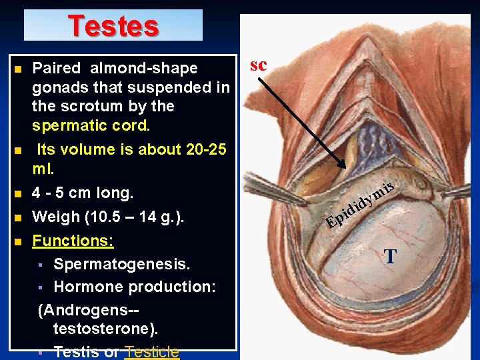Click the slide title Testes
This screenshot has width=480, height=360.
(x=113, y=26)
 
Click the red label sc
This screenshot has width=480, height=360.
(x=258, y=65)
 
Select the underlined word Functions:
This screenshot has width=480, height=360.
(x=73, y=240)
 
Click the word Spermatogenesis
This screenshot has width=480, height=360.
(x=122, y=265)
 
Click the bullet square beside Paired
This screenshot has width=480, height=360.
(x=17, y=69)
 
